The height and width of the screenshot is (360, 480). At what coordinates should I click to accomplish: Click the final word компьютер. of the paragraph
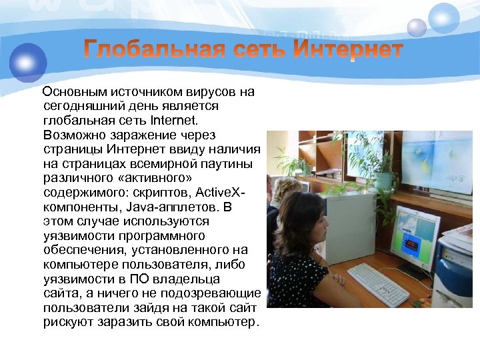[222, 323]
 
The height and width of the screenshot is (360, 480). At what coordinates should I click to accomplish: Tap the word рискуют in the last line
[65, 323]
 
